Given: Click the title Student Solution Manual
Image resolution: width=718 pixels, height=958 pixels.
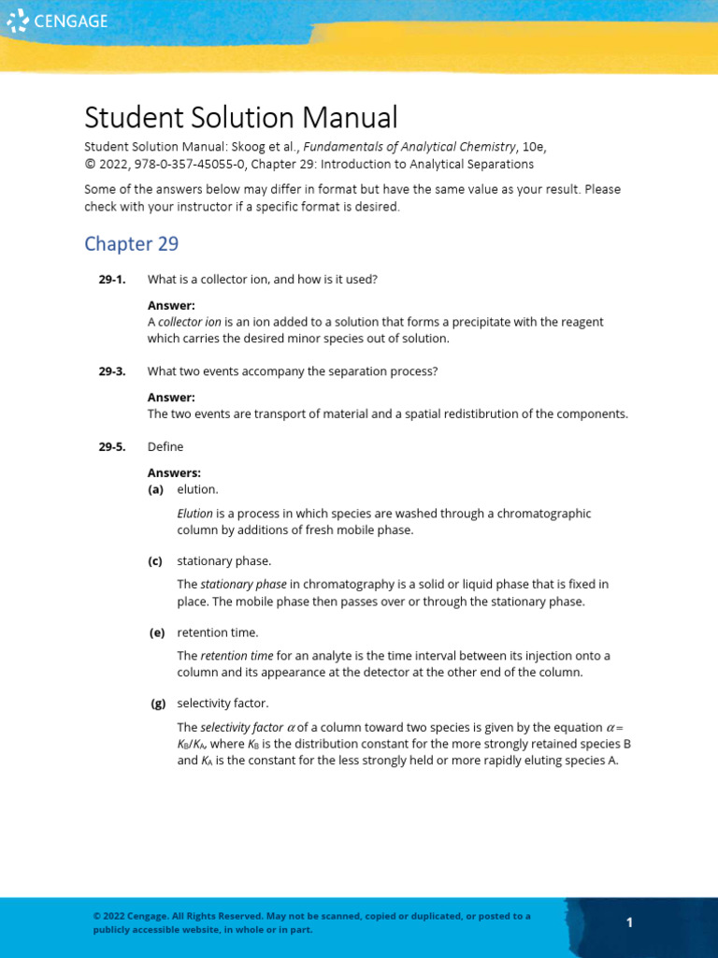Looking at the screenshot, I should tap(240, 118).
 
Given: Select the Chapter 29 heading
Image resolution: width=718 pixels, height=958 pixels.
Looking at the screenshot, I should tap(131, 244).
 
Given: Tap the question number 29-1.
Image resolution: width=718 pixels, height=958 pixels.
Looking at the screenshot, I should tap(112, 279).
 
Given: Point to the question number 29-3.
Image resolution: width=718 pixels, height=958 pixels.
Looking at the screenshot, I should tap(112, 371).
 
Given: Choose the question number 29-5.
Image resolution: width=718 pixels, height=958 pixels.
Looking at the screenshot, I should tap(112, 447).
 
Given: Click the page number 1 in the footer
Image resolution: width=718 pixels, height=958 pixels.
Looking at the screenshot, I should tap(630, 922).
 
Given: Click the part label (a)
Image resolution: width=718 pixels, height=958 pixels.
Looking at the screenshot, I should tap(155, 489).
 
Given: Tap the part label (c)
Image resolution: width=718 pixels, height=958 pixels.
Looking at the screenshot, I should tap(155, 561).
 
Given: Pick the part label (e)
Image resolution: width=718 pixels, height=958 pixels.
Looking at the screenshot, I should tap(156, 633).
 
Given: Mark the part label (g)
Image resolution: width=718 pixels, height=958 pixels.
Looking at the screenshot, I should tap(156, 704).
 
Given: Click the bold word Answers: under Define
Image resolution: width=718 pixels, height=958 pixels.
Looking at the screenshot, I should tap(175, 472).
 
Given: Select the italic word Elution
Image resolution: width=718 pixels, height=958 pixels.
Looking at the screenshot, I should tap(194, 514).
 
